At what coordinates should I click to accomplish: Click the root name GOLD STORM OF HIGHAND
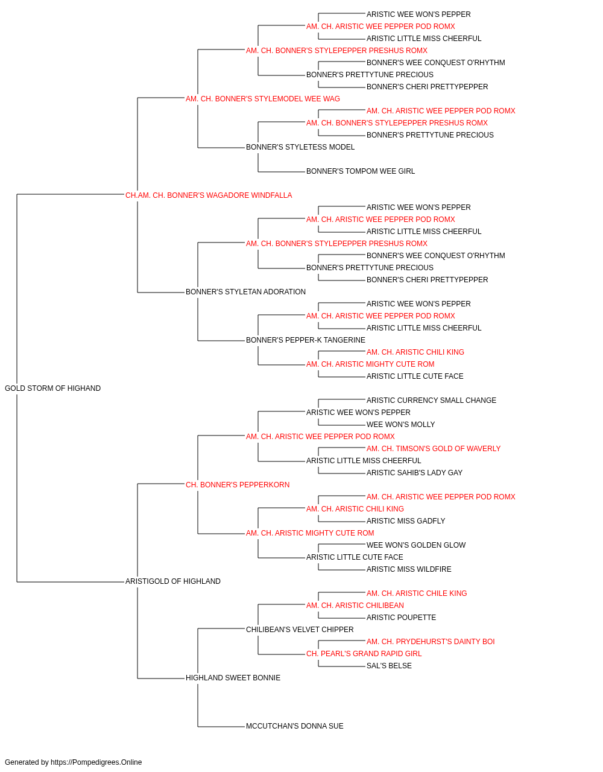coord(52,388)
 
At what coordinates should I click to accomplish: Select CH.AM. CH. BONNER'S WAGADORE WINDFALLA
coord(209,195)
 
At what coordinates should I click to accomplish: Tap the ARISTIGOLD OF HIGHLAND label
coord(172,581)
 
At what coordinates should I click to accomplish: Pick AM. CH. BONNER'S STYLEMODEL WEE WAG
coord(262,99)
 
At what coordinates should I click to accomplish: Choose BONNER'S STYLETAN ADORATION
coord(245,292)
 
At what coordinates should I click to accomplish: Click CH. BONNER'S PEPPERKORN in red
coord(237,484)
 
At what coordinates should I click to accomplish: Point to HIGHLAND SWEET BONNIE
coord(233,677)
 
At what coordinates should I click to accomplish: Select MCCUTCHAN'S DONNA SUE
coord(294,726)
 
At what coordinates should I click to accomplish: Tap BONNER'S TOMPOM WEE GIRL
coord(360,171)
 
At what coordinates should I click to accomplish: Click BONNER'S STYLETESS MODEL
coord(300,147)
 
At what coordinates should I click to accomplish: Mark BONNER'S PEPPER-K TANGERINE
coord(305,340)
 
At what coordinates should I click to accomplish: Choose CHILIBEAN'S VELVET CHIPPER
coord(299,629)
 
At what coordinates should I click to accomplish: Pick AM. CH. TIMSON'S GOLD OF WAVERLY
coord(433,448)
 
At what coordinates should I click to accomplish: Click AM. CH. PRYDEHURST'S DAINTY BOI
coord(431,641)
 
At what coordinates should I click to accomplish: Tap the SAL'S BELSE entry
coord(389,665)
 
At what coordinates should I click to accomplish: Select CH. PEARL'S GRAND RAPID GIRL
coord(364,653)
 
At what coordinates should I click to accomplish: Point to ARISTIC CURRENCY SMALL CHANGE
coord(431,400)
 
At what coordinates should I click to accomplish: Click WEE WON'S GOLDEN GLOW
coord(416,545)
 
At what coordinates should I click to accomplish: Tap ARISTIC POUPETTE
coord(401,617)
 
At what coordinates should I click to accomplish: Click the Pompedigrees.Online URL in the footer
coord(96,762)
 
